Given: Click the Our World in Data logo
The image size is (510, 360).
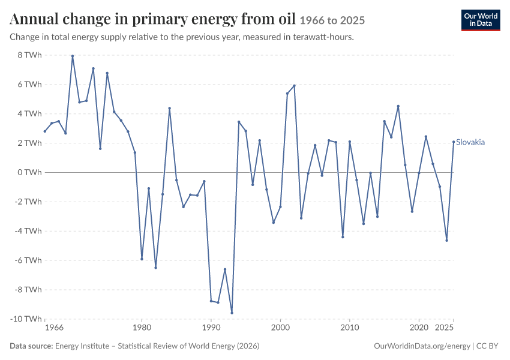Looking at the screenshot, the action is (481, 20).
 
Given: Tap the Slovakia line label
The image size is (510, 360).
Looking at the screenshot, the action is (470, 142).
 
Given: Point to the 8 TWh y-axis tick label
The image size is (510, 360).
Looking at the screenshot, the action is (30, 55).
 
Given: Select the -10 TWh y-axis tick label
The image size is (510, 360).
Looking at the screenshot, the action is (26, 319).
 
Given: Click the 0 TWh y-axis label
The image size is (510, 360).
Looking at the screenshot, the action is (30, 172).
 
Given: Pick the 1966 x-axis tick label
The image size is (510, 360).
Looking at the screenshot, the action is (55, 328).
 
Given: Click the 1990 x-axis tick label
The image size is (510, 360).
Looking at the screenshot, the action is (211, 328).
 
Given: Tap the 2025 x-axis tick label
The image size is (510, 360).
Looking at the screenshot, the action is (444, 328).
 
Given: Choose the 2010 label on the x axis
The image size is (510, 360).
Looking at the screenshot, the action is (350, 328).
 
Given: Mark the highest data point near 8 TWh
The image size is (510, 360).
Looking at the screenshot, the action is (73, 56).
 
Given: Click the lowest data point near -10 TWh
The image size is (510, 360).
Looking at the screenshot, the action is (232, 313).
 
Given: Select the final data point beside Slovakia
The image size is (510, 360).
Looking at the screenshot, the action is (454, 142).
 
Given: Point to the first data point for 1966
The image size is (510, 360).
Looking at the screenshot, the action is (45, 131).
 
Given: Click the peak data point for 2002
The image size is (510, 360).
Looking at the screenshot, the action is (295, 86).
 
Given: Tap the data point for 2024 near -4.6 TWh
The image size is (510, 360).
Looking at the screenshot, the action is (447, 241).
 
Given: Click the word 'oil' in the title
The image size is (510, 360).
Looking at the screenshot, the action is (287, 19).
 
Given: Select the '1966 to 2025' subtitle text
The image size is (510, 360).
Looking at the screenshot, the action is (332, 20).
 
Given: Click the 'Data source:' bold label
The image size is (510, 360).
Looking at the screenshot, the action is (31, 346).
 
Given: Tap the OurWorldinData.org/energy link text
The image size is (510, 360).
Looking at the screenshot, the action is (422, 346).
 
